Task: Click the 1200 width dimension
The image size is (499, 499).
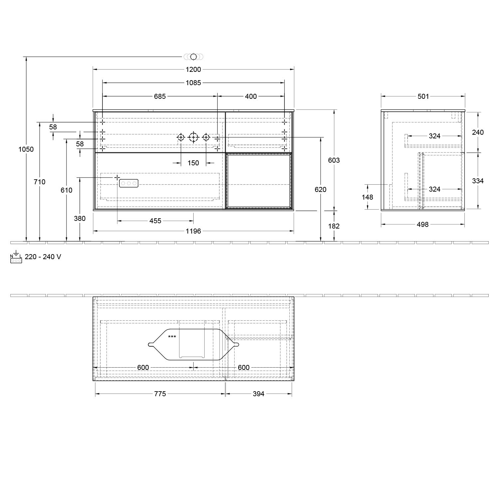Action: coord(193,69)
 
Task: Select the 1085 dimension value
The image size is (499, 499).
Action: coord(193,83)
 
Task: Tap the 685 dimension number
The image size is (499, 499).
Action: coord(160,96)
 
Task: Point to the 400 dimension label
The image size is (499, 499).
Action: coord(251,96)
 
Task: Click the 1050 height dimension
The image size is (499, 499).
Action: coord(26,149)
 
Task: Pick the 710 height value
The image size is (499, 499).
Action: coord(40,182)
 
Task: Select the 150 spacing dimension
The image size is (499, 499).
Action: coord(193,163)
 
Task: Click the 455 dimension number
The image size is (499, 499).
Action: coord(155,221)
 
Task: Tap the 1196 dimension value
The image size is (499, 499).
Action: coord(193,231)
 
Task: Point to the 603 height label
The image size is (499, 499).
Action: coord(334,160)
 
